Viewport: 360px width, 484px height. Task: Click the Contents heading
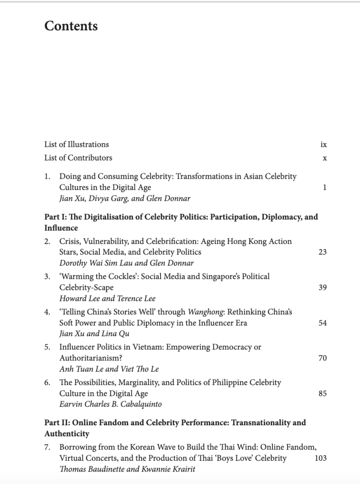pos(71,26)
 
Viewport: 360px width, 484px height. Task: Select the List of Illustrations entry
pos(77,144)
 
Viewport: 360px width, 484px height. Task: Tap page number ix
pos(324,144)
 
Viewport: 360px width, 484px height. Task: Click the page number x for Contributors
pos(324,158)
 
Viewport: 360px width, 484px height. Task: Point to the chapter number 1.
pos(47,176)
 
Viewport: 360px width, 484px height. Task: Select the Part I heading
pos(181,223)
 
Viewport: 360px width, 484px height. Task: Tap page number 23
pos(323,252)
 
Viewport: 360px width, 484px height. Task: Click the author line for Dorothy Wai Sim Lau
pos(126,263)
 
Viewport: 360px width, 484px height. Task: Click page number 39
pos(323,287)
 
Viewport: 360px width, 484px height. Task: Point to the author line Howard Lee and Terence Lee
pos(107,298)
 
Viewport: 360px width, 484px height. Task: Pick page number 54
pos(323,323)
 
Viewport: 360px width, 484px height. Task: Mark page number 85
pos(323,393)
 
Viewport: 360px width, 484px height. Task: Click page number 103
pos(321,458)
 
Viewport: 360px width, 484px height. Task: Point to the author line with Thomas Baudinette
pos(127,469)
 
